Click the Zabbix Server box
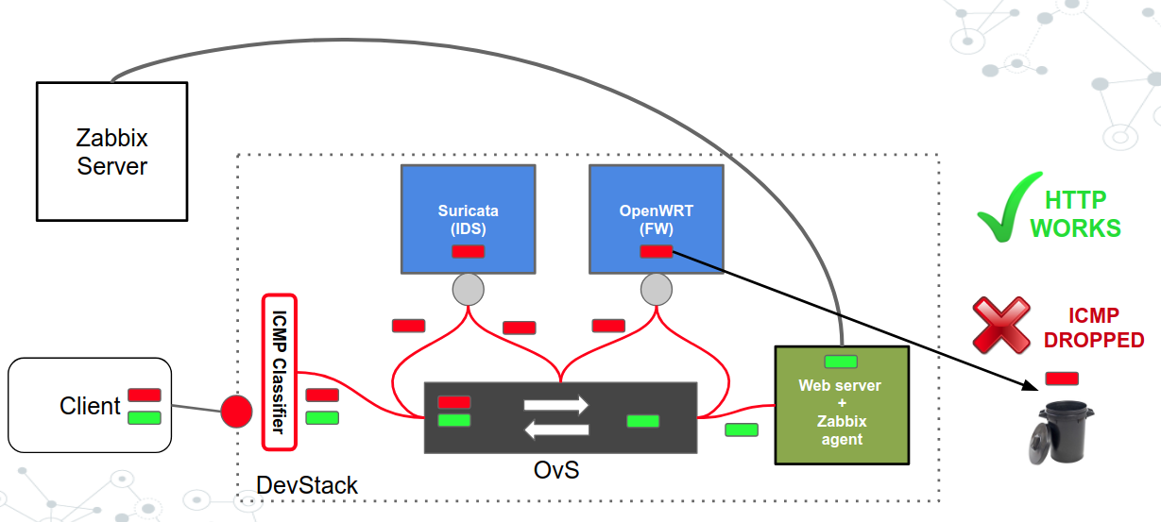[x=111, y=151]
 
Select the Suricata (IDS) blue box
[x=468, y=217]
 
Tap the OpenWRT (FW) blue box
[x=656, y=217]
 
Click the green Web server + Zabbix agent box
[x=841, y=406]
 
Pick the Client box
[x=89, y=405]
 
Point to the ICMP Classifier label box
[x=279, y=372]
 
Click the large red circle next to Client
[x=236, y=411]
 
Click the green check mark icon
[x=1008, y=209]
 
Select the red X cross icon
[x=1002, y=326]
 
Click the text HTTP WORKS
[x=1075, y=214]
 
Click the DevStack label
[x=307, y=486]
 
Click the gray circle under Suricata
[x=468, y=289]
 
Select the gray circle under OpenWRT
[x=656, y=289]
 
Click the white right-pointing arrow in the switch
[x=556, y=405]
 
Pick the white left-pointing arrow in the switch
[x=556, y=430]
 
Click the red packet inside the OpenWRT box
[x=657, y=251]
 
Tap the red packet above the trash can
[x=1062, y=379]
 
